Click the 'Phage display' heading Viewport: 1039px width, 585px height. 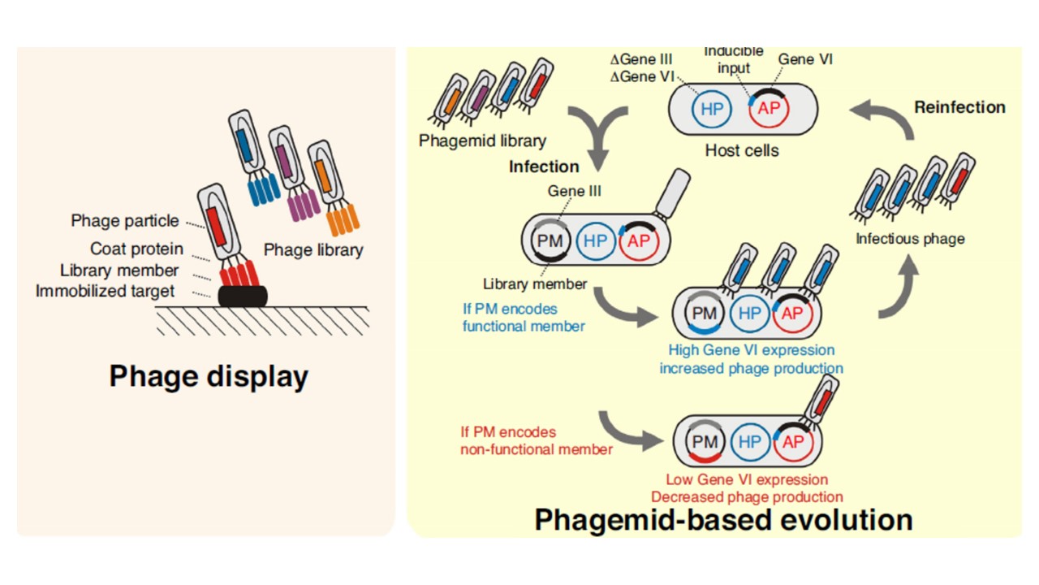[x=209, y=377]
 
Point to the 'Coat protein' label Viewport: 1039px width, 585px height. [x=136, y=249]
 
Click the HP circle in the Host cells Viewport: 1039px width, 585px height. [x=711, y=108]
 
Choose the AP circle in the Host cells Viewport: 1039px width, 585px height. [x=767, y=108]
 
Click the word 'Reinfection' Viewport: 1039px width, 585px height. [x=959, y=107]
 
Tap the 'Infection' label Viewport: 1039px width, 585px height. [x=544, y=167]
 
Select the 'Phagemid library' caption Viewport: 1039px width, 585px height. [x=482, y=141]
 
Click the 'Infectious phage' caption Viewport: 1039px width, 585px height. [x=910, y=239]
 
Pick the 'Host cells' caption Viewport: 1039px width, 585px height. [x=741, y=150]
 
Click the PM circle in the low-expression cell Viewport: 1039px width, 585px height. [x=705, y=441]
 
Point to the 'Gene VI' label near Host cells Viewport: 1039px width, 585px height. [x=805, y=59]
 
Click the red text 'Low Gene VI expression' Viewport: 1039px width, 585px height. [x=747, y=479]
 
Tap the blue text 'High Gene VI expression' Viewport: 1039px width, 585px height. [x=751, y=350]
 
